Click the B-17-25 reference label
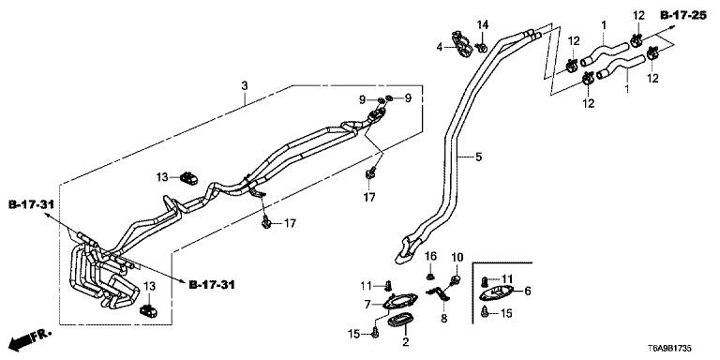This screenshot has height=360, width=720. pyautogui.click(x=682, y=16)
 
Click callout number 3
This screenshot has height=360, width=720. pyautogui.click(x=245, y=85)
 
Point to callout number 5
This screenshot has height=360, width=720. pyautogui.click(x=479, y=157)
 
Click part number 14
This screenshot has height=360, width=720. pyautogui.click(x=482, y=24)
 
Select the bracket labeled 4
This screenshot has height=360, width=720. pyautogui.click(x=461, y=44)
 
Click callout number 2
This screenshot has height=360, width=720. pyautogui.click(x=405, y=341)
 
